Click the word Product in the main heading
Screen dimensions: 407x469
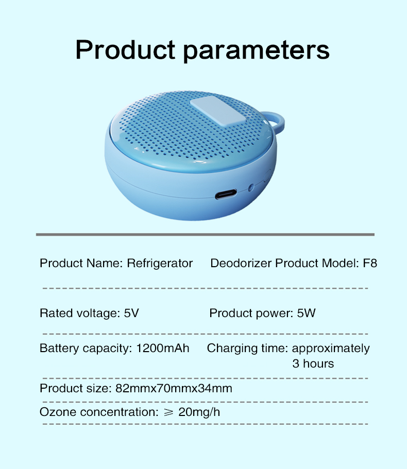[125, 49]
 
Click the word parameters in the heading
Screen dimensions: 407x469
[256, 51]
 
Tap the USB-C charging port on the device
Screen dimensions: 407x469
[226, 194]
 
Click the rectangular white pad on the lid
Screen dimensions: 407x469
[217, 111]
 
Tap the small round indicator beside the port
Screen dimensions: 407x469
[251, 187]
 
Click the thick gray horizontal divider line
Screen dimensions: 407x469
[205, 235]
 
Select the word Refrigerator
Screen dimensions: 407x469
[160, 264]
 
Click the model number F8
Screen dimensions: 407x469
[370, 263]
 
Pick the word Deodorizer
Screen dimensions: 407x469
[241, 263]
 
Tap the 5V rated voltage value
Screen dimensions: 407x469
[131, 313]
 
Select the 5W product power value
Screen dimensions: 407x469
[306, 313]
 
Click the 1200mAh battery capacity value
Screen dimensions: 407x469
[163, 348]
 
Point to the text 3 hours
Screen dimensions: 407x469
[313, 363]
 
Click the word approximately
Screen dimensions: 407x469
[331, 349]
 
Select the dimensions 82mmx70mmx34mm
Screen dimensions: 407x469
[174, 388]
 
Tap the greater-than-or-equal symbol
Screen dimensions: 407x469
[169, 412]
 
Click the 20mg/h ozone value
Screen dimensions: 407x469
[199, 412]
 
